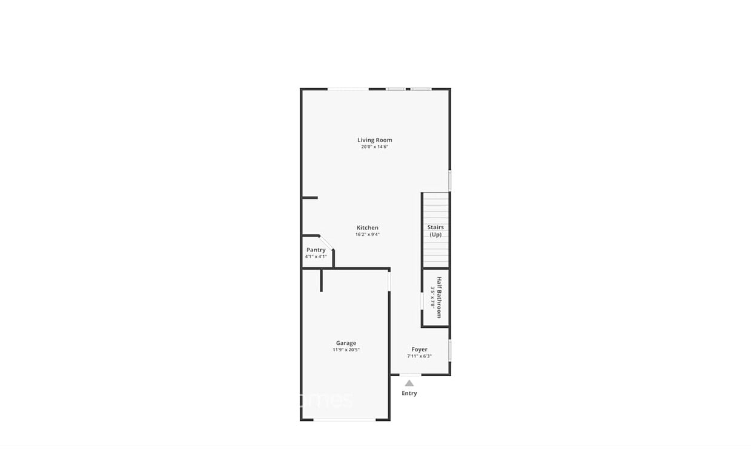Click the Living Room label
tap(374, 140)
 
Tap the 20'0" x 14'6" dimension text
tap(374, 147)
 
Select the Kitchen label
tap(367, 228)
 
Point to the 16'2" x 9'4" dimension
tap(367, 235)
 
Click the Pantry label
tap(316, 250)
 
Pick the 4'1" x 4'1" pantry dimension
tap(316, 256)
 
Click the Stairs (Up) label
tap(435, 231)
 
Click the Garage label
tap(346, 343)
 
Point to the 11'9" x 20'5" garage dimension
tap(346, 350)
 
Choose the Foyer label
tap(419, 350)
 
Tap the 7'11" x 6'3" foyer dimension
tap(419, 356)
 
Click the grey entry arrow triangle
tap(409, 383)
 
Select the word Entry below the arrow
tap(409, 393)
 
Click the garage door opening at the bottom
tap(345, 419)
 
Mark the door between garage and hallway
tap(389, 281)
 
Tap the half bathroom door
tap(422, 301)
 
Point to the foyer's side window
tap(449, 350)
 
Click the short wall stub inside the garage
tap(322, 281)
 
